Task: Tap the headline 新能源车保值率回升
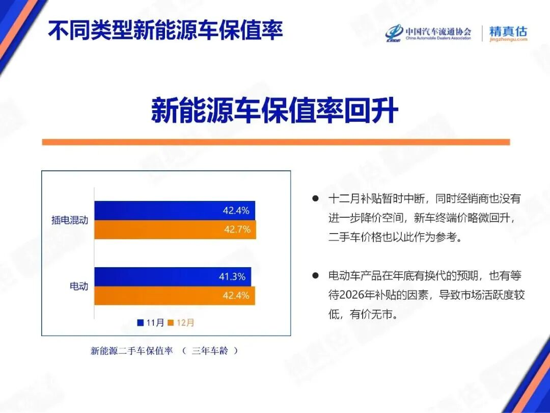274,111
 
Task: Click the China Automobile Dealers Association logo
428,33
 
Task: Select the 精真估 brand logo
508,33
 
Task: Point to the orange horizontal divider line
276,142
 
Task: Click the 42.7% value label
237,229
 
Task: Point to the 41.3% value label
232,276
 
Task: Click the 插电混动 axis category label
70,220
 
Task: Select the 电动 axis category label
79,286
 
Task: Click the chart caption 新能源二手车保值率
132,351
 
